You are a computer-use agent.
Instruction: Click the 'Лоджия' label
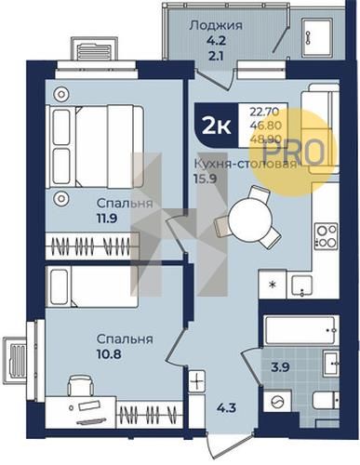click(x=216, y=26)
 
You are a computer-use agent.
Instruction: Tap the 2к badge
click(x=217, y=126)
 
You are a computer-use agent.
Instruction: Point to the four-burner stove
click(x=326, y=236)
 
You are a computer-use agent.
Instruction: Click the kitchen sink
click(x=301, y=286)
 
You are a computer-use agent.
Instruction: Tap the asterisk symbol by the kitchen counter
click(x=273, y=285)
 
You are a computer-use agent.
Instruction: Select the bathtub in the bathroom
click(x=300, y=330)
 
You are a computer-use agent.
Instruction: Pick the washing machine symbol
click(x=276, y=403)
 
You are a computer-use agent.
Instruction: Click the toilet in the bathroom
click(x=326, y=400)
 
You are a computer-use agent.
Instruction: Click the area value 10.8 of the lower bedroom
click(x=109, y=353)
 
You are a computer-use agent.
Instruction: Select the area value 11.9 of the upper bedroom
click(x=107, y=219)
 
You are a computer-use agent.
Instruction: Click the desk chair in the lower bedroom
click(x=81, y=385)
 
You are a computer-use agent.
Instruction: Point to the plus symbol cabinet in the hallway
click(x=197, y=381)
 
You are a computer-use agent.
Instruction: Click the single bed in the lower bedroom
click(x=92, y=286)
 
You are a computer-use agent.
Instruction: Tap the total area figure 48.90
click(x=265, y=139)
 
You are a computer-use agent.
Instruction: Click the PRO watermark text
click(x=293, y=152)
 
